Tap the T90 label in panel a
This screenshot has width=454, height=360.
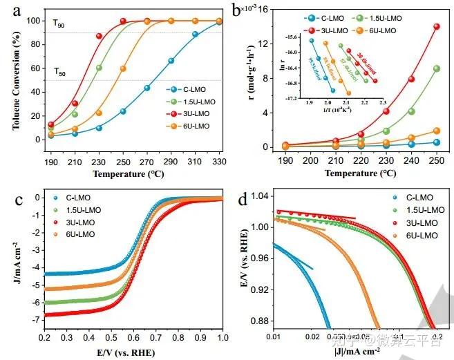pos(59,23)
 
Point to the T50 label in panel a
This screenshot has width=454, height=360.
pos(59,71)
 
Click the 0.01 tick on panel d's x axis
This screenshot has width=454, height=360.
pos(275,336)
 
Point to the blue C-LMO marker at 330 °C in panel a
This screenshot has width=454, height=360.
pos(219,22)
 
